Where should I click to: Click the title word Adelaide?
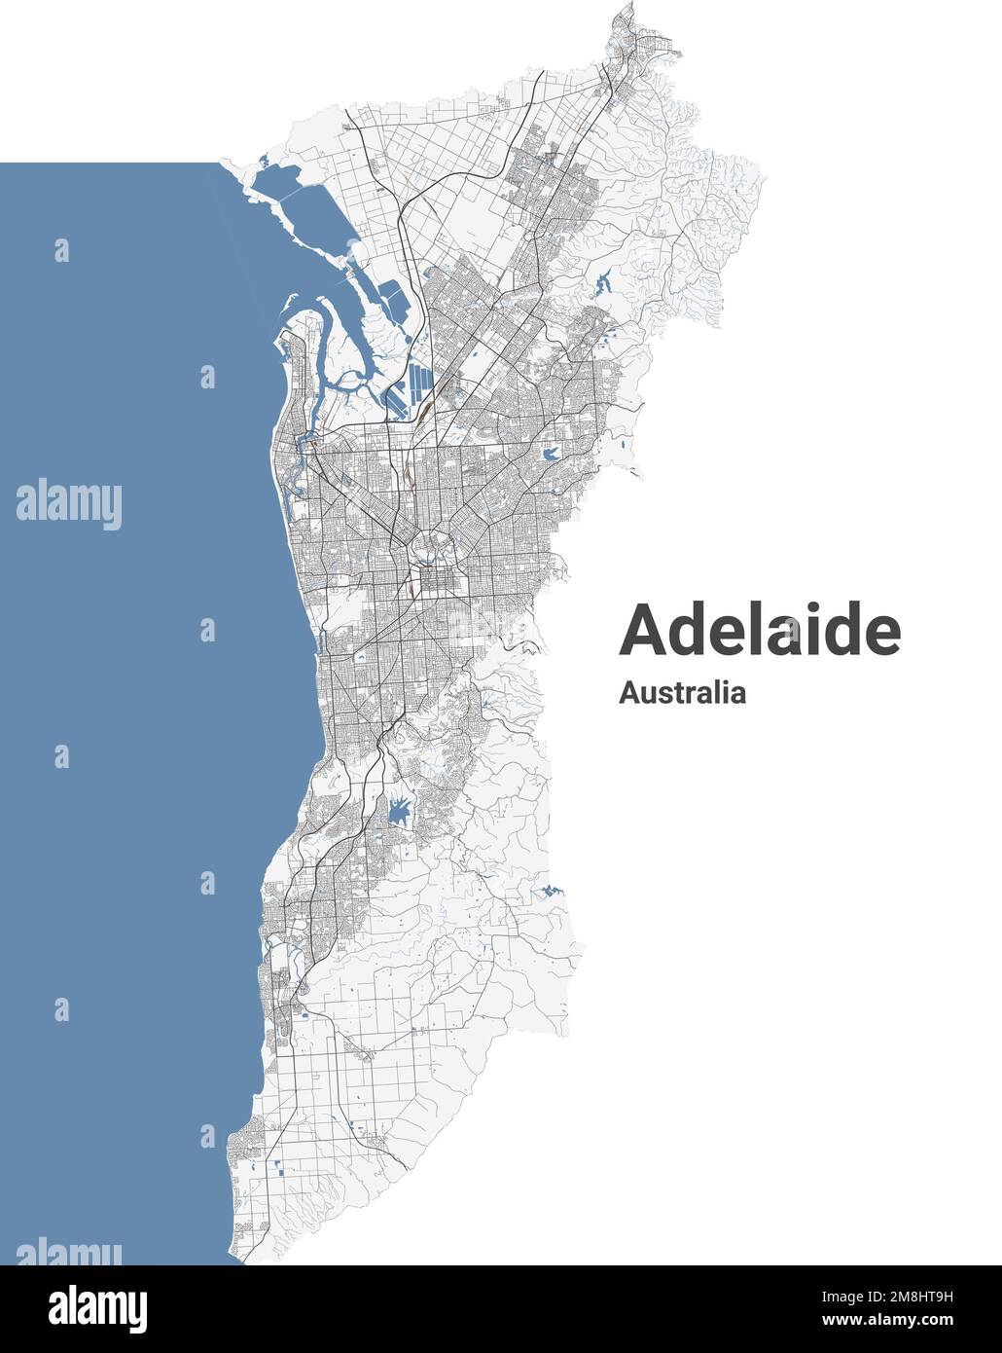[760, 631]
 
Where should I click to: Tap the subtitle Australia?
[682, 693]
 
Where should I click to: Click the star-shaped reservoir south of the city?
[400, 810]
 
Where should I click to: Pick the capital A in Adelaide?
[643, 631]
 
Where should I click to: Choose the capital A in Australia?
[628, 693]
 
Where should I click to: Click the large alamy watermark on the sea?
[68, 504]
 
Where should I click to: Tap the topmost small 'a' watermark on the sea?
[62, 250]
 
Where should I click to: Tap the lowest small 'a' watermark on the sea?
[207, 1135]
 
